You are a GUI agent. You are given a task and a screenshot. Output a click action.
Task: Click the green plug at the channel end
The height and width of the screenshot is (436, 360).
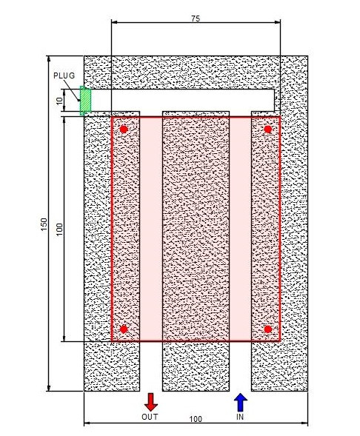pyautogui.click(x=85, y=101)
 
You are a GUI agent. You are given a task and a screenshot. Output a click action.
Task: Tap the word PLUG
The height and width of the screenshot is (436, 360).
pyautogui.click(x=64, y=76)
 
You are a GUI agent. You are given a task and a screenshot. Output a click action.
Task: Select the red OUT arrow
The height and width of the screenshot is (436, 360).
pyautogui.click(x=151, y=402)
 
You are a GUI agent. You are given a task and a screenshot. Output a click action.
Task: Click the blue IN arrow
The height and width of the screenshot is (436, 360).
pyautogui.click(x=241, y=402)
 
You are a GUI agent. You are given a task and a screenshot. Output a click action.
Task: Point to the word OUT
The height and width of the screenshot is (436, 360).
pyautogui.click(x=150, y=417)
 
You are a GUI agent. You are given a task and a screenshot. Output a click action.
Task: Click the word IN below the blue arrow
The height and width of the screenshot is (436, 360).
pyautogui.click(x=240, y=417)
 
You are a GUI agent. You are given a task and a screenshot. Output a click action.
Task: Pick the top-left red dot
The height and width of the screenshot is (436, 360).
pyautogui.click(x=124, y=130)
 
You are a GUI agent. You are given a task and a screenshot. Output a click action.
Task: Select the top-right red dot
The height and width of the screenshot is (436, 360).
pyautogui.click(x=268, y=130)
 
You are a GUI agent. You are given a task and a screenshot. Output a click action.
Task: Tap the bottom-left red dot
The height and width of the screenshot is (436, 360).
pyautogui.click(x=124, y=329)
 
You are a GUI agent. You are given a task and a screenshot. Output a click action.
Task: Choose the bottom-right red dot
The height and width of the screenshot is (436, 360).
pyautogui.click(x=268, y=329)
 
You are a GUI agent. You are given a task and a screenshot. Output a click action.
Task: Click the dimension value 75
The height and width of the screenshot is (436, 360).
pyautogui.click(x=196, y=19)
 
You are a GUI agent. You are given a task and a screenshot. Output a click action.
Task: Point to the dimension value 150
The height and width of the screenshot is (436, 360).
pyautogui.click(x=44, y=224)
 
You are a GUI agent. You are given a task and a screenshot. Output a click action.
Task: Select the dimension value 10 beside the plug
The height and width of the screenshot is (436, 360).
pyautogui.click(x=60, y=101)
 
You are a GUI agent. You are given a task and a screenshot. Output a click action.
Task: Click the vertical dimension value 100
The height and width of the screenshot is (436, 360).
pyautogui.click(x=60, y=229)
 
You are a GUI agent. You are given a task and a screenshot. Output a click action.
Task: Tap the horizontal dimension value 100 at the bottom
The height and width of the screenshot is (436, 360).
pyautogui.click(x=196, y=419)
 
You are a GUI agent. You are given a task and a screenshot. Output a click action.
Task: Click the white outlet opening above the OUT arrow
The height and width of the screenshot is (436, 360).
pyautogui.click(x=151, y=366)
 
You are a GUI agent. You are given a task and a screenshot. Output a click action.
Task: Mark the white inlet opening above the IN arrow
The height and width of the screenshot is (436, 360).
pyautogui.click(x=241, y=366)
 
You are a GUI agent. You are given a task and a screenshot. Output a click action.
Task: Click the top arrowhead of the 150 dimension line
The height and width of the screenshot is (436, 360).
pyautogui.click(x=49, y=59)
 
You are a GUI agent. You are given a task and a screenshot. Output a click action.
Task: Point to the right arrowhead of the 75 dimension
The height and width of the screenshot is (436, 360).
pyautogui.click(x=277, y=22)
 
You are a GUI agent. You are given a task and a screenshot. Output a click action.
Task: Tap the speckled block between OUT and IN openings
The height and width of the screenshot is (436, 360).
pyautogui.click(x=196, y=366)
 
